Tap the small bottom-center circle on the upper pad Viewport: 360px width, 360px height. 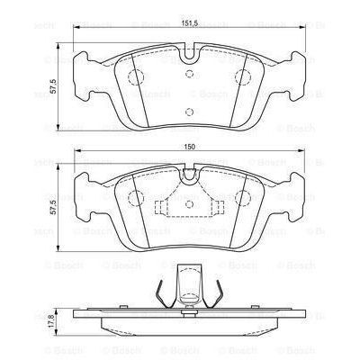click(189, 112)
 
